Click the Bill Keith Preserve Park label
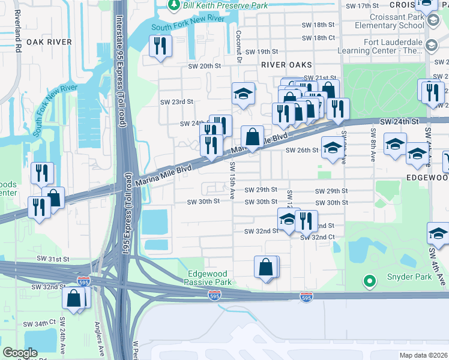(x=220, y=5)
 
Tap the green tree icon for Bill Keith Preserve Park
(x=174, y=5)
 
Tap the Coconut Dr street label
(x=238, y=47)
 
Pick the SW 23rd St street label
(x=176, y=102)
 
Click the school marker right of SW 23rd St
(x=243, y=94)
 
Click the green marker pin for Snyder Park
(x=370, y=280)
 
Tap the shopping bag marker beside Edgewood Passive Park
(x=266, y=267)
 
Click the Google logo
(x=20, y=353)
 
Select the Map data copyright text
(x=423, y=355)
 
